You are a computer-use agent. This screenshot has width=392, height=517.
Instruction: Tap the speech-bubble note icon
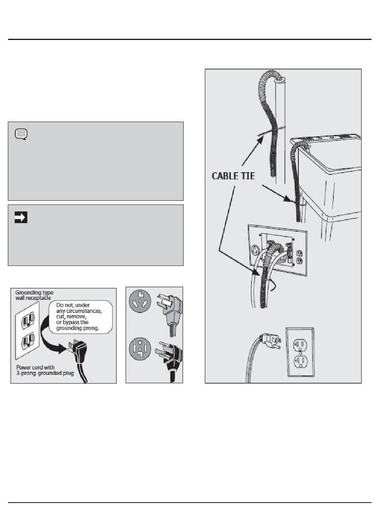tap(21, 134)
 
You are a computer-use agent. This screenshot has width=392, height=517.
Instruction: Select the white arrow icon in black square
tap(21, 217)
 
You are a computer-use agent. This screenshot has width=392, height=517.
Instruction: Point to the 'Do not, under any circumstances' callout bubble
tap(80, 317)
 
